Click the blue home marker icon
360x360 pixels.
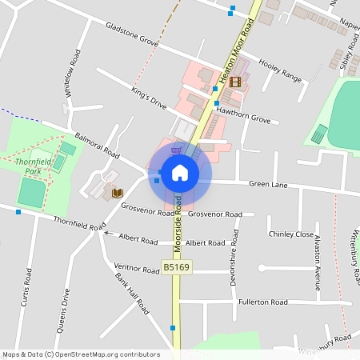coord(180,172)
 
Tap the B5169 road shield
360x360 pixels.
coord(178,266)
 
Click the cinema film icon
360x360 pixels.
coord(235,81)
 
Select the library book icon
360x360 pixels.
coord(117,193)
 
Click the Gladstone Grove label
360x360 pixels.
coord(133,33)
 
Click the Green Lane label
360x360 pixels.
coord(268,184)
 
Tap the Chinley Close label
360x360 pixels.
coord(291,234)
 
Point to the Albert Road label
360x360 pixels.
coord(138,238)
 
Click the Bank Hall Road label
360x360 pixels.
coord(132,294)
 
